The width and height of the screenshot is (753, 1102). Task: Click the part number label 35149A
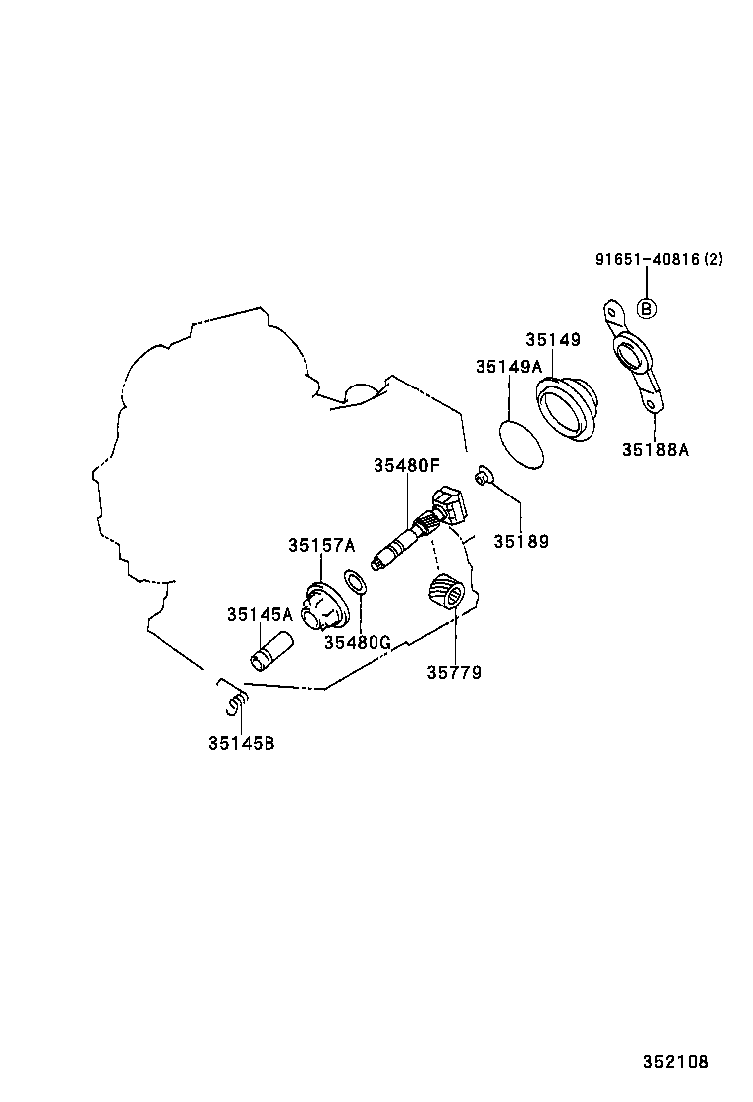[x=508, y=366]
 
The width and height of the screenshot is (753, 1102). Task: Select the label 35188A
[x=655, y=449]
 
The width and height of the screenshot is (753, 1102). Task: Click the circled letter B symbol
[x=646, y=308]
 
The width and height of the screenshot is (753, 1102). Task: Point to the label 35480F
[x=406, y=465]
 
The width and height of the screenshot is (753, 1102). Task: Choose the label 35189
[x=520, y=541]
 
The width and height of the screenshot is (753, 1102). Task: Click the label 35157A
[x=322, y=545]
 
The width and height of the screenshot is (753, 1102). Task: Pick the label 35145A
[x=260, y=615]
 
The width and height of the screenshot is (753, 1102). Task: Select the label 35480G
[x=357, y=642]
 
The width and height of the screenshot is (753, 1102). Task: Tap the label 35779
[x=454, y=673]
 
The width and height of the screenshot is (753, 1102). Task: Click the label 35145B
[x=241, y=743]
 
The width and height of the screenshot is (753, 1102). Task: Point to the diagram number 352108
[x=676, y=1062]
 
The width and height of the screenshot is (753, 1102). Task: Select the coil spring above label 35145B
[x=237, y=703]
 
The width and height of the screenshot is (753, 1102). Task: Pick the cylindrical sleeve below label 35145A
[x=272, y=650]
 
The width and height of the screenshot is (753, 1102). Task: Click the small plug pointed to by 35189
[x=484, y=477]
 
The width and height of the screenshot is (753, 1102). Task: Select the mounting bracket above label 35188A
[x=632, y=357]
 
